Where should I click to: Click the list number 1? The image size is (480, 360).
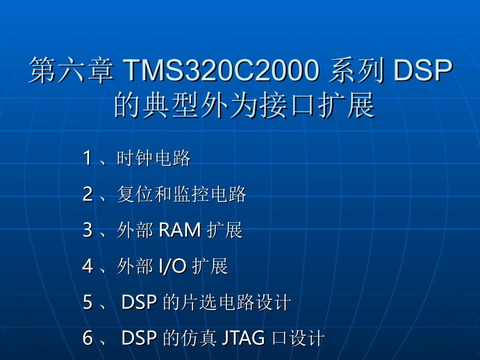click(x=87, y=159)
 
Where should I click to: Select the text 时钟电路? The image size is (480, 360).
click(x=154, y=159)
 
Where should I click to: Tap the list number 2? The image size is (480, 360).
click(x=87, y=194)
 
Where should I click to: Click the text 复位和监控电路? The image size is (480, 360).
click(x=181, y=194)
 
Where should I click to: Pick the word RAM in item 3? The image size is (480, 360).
click(x=180, y=230)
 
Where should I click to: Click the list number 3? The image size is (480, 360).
click(x=87, y=230)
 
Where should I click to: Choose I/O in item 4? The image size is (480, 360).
click(x=172, y=266)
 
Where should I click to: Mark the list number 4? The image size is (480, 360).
click(x=87, y=266)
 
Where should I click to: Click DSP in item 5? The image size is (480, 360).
click(x=140, y=302)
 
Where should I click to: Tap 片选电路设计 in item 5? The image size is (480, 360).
click(x=236, y=302)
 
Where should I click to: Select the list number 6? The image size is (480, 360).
click(x=87, y=338)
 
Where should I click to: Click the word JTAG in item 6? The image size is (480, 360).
click(x=244, y=338)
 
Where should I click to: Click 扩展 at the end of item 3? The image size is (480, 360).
click(x=225, y=230)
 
